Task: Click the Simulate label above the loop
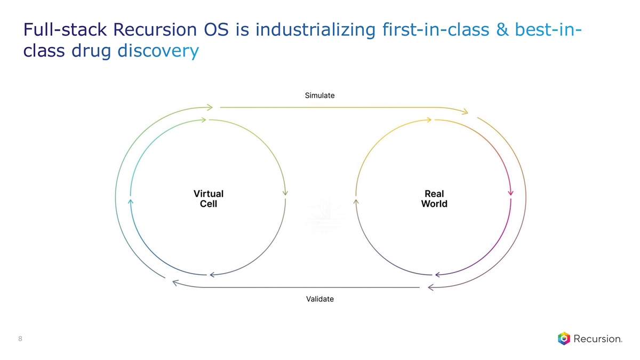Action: [319, 95]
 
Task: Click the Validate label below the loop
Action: [319, 299]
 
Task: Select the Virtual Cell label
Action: [209, 198]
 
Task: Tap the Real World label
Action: [434, 198]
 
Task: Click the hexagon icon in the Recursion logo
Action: [564, 339]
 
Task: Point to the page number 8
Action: [20, 339]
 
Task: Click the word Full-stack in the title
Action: [65, 29]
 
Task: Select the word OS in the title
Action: [216, 29]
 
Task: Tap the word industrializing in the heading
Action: [315, 30]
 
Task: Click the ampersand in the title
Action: [502, 29]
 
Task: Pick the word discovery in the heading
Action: [158, 51]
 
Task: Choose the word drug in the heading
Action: [91, 51]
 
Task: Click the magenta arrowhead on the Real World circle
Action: [510, 193]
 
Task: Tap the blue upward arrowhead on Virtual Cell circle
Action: [131, 202]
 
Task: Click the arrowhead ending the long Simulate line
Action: [465, 111]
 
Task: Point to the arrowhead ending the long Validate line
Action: [175, 283]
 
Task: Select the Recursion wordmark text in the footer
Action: [598, 339]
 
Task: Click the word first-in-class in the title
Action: [436, 29]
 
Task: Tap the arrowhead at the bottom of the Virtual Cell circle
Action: [213, 275]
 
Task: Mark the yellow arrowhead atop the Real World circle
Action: [428, 120]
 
